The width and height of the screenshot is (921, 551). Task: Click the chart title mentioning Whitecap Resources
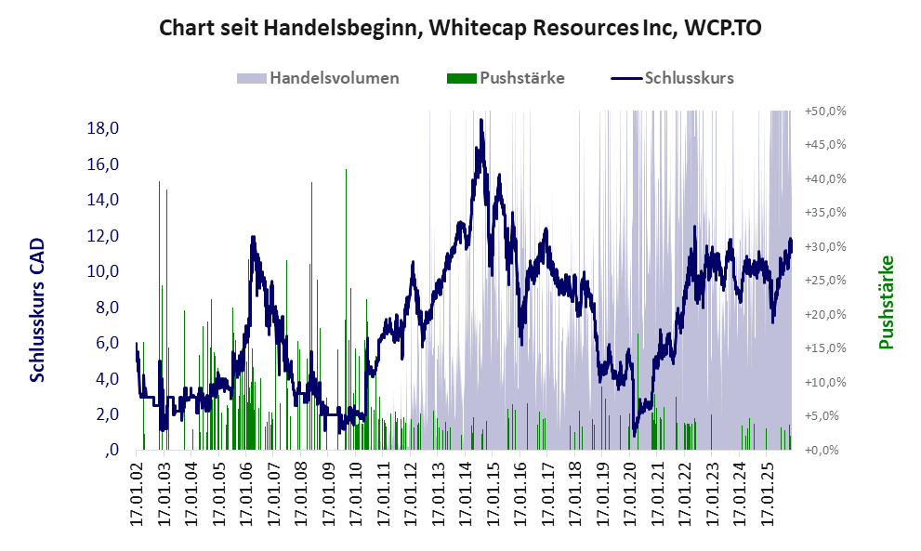tap(460, 28)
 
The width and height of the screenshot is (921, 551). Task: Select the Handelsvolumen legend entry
tap(333, 78)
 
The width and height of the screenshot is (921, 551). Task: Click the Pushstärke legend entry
tap(521, 78)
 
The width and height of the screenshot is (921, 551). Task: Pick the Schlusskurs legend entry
tap(689, 78)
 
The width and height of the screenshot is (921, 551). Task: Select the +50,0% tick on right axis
tap(825, 111)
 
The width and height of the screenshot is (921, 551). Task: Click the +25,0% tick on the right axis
tap(825, 280)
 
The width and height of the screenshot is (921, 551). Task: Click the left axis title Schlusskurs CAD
tap(37, 309)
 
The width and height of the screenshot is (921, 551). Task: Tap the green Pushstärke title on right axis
tap(886, 302)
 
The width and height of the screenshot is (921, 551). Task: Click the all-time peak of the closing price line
tap(480, 120)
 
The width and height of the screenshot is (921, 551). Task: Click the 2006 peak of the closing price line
tap(253, 237)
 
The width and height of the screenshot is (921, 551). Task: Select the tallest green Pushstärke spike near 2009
tap(346, 170)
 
